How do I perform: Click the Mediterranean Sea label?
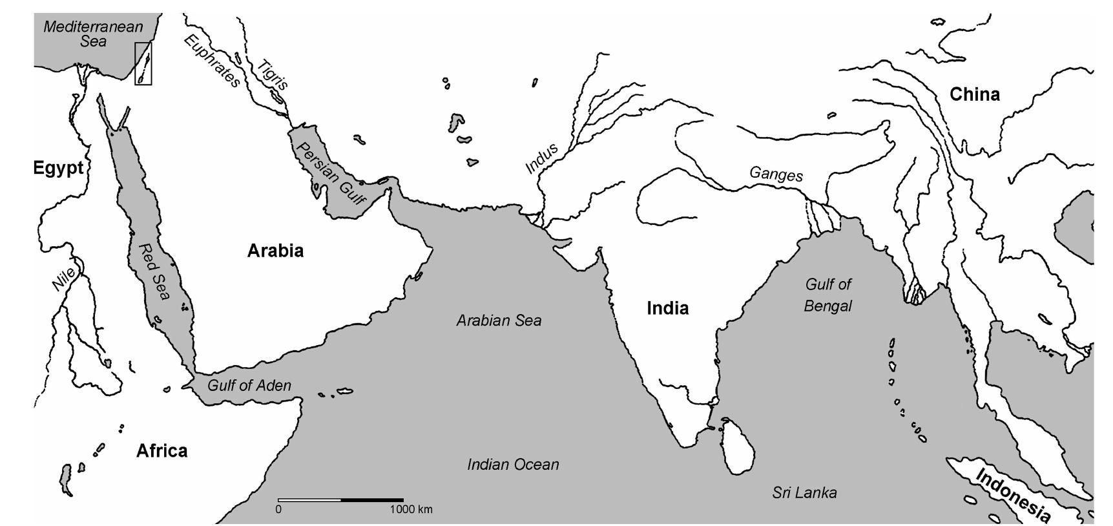pos(93,34)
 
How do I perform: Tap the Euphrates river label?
pos(212,61)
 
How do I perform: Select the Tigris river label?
pos(273,74)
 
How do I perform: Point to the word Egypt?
pos(59,168)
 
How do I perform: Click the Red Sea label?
pos(154,271)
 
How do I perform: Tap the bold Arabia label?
pos(275,251)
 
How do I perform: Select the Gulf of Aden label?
pos(249,386)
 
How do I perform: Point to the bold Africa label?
pos(161,450)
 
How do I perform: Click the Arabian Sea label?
pos(499,321)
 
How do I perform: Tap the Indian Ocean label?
pos(513,465)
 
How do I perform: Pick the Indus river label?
pos(541,159)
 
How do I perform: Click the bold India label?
pos(667,308)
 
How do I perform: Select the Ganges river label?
pos(776,174)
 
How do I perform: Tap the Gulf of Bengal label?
pos(827,295)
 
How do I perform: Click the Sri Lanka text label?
pos(804,493)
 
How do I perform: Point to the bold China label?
pos(974,94)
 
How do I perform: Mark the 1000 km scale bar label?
pos(411,510)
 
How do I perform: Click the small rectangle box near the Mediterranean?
pos(143,63)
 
